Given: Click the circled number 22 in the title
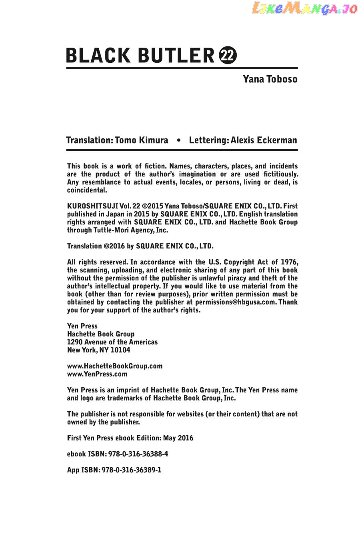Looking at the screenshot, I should [228, 56].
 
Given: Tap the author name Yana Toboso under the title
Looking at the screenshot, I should [270, 79].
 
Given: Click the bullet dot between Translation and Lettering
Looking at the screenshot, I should [178, 140].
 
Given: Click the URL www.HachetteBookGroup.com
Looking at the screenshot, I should [115, 366].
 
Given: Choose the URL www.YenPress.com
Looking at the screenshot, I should [97, 374].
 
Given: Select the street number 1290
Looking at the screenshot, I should [75, 342].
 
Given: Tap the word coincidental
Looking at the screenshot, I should [87, 190].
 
